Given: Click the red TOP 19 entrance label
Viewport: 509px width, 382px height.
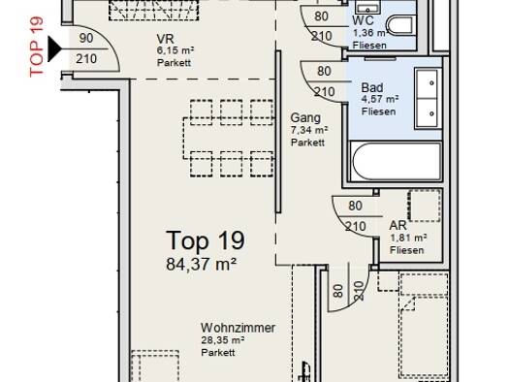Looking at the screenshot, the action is (x=36, y=47).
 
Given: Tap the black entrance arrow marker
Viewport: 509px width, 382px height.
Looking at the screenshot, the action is (x=54, y=49).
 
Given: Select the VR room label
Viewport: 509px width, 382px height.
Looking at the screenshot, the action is (x=165, y=39).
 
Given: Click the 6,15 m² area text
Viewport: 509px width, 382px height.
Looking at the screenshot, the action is (x=175, y=51).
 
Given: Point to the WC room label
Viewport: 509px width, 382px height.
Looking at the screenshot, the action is (x=364, y=20).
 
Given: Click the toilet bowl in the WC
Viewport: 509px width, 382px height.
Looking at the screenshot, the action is (x=399, y=25).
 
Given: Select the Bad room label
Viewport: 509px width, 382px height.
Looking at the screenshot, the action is (x=372, y=87).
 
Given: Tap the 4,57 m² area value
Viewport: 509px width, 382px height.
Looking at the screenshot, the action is (x=380, y=99).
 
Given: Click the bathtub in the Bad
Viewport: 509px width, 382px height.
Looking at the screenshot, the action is (x=395, y=161).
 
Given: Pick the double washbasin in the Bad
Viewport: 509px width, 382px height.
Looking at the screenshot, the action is (x=429, y=98).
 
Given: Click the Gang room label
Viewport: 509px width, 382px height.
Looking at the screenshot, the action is (x=305, y=117).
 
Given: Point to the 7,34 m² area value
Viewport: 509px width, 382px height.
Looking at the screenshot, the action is (x=309, y=130).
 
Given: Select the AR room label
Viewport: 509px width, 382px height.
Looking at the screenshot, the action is (x=398, y=225).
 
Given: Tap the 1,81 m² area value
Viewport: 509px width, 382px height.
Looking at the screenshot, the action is (x=408, y=239).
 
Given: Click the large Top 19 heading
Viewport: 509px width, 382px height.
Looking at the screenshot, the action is (x=206, y=240).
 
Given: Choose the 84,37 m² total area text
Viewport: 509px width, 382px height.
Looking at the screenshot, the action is (x=201, y=264).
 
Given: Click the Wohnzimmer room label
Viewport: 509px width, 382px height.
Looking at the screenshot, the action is (x=238, y=328).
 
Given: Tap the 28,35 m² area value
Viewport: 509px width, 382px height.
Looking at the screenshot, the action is (x=223, y=340).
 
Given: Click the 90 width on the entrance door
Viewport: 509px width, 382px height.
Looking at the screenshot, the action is (x=86, y=39).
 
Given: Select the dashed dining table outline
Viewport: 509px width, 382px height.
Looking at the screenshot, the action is (x=229, y=139).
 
